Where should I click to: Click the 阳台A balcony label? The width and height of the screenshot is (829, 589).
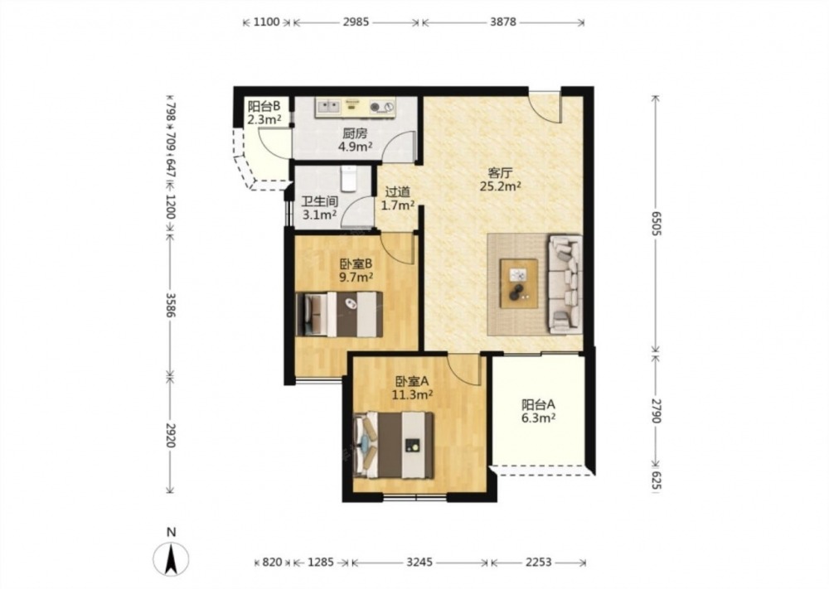coord(538,405)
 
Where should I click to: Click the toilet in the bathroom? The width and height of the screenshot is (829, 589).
coord(348,179)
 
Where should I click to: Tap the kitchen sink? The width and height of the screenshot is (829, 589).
coord(328,107)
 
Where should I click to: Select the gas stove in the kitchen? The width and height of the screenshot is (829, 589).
coord(382,107)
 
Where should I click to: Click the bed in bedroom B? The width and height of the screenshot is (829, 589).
coord(339,314)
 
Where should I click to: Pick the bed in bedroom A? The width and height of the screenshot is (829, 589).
coord(393,446)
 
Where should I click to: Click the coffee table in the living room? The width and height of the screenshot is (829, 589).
coord(519,283)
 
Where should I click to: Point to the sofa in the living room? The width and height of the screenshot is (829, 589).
coord(565,285)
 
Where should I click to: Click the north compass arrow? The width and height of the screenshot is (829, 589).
coord(171,559)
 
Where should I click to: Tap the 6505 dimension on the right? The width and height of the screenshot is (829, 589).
coord(656,224)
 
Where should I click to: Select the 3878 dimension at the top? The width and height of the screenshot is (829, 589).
coord(503,22)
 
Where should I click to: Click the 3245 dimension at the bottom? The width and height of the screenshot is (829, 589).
coord(419,562)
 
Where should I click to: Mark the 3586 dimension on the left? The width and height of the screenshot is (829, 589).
coord(170,305)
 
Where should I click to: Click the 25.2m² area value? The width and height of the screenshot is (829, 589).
coord(501,186)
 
